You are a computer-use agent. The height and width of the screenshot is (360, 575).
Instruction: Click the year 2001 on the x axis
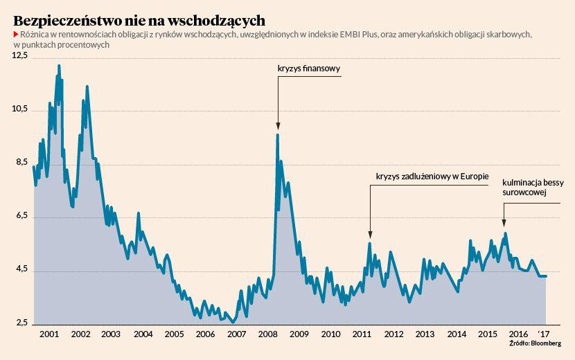point(48,334)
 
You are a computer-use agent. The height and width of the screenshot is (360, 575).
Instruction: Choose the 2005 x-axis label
point(174,334)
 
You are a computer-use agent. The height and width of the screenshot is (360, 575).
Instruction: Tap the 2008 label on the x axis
point(267,334)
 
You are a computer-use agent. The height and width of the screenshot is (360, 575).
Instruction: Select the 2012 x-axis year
point(393,334)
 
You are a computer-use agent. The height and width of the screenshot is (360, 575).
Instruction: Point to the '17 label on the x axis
point(543,334)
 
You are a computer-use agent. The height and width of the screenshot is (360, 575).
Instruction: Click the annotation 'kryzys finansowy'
point(310,69)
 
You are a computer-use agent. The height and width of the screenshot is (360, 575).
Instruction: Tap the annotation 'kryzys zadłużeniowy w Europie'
point(432,177)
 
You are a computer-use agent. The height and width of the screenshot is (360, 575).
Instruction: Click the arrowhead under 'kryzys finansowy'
point(278,126)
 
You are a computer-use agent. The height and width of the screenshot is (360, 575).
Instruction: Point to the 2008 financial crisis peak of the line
point(278,135)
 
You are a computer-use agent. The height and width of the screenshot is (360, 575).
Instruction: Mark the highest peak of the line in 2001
point(59,66)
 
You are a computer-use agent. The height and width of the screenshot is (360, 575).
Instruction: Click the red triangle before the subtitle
point(16,35)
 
